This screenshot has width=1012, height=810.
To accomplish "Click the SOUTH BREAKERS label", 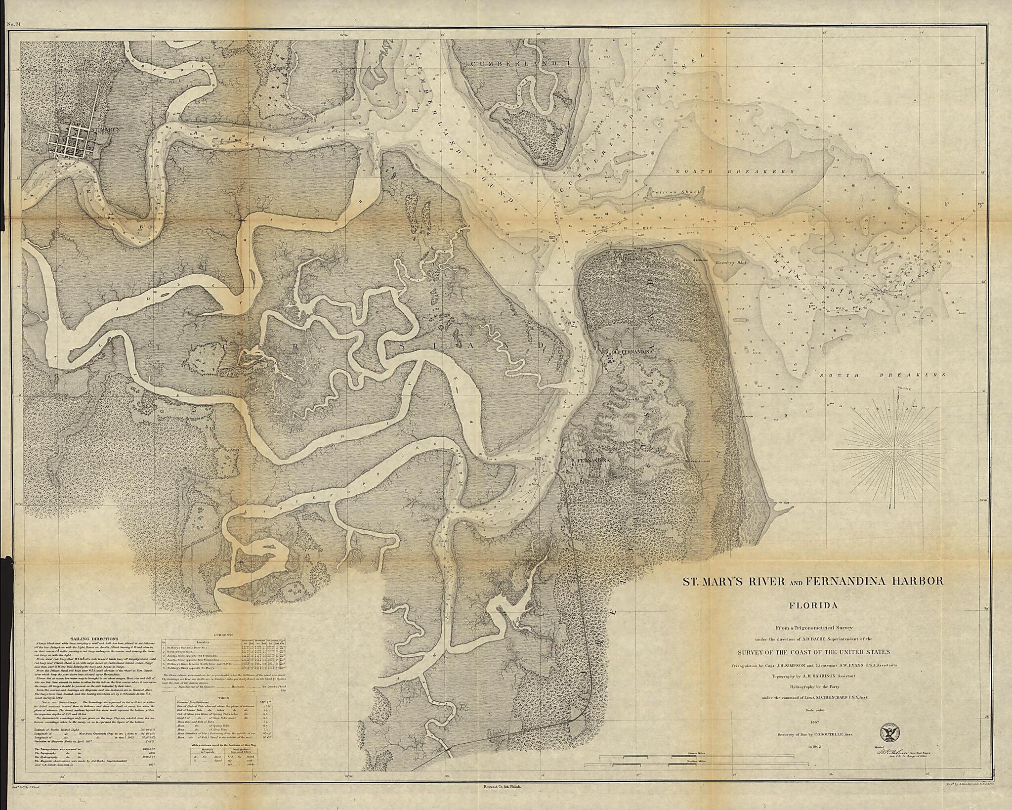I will click(883, 375).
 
